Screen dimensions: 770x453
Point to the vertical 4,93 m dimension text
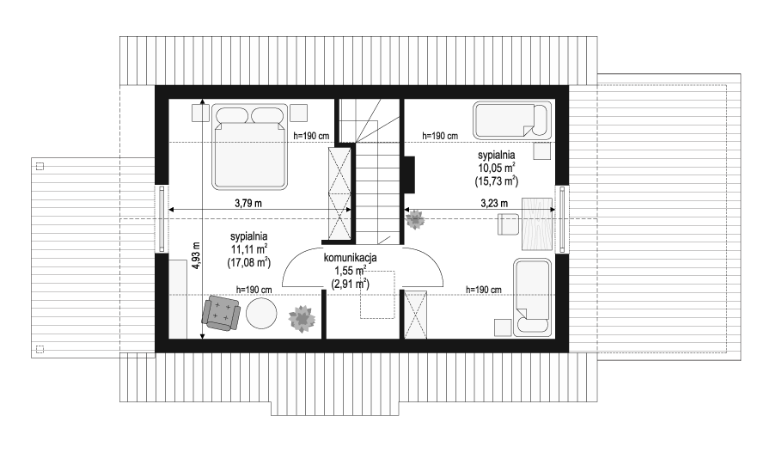pos(197,255)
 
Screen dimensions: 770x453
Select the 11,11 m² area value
pos(249,248)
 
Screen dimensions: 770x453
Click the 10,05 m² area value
pos(497,168)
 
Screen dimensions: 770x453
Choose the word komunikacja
pos(350,258)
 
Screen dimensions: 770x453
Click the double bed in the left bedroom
pos(249,146)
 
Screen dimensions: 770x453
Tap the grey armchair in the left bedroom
pos(221,313)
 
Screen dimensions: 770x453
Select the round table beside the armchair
pos(261,313)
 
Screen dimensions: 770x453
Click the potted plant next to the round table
pos(302,318)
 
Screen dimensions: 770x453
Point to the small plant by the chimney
pos(415,219)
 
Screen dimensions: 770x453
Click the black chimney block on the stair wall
pos(409,174)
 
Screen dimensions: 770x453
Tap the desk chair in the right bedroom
pos(509,224)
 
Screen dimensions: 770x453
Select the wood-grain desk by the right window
pos(537,225)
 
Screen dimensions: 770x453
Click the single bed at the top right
pos(513,120)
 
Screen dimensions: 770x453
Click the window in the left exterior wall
pos(162,218)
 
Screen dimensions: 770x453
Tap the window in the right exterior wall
pos(562,219)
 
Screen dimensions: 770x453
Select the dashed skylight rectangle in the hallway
pos(377,295)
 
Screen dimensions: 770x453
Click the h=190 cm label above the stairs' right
pos(440,136)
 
